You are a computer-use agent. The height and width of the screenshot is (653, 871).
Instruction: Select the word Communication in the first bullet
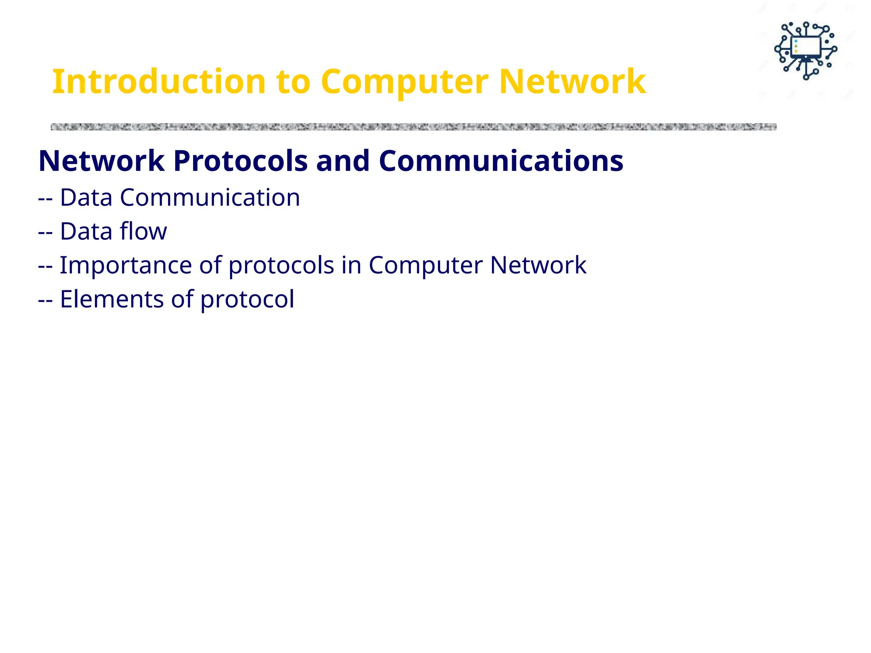point(210,198)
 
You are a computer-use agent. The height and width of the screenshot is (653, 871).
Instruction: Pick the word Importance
point(125,265)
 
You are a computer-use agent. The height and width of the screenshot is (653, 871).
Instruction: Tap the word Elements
point(111,299)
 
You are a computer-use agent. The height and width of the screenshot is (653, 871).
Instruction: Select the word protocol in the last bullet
point(247,300)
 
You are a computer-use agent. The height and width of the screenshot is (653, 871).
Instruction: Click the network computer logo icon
point(806,51)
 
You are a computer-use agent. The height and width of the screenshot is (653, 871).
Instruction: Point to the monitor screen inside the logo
point(806,46)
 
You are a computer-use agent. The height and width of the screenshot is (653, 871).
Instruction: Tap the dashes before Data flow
point(45,232)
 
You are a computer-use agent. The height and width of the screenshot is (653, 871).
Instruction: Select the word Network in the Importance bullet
point(538,265)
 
